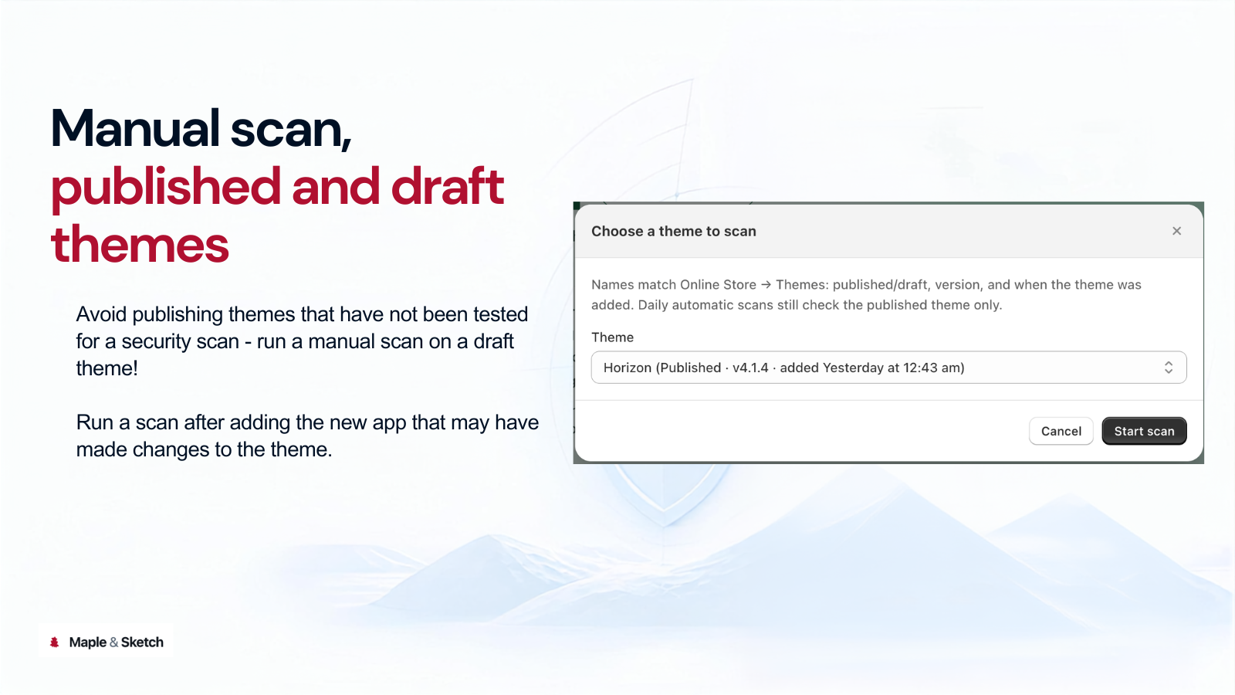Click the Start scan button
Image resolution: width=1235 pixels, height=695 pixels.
click(1144, 431)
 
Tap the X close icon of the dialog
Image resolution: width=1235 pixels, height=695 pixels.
click(1176, 231)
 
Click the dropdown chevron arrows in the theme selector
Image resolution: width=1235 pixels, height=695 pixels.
click(1169, 368)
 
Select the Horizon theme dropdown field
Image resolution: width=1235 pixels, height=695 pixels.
click(888, 368)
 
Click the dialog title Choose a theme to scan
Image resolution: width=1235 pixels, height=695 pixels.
click(674, 231)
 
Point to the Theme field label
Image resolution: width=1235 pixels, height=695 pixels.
click(613, 337)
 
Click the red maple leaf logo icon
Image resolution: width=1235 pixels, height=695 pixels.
click(54, 642)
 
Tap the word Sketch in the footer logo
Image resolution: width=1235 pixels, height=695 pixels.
click(142, 642)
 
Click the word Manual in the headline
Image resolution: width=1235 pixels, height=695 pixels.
click(135, 128)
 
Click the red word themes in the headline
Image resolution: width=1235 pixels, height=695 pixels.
click(140, 244)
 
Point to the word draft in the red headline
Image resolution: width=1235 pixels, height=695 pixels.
click(447, 186)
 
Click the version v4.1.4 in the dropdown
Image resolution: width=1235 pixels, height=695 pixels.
click(750, 368)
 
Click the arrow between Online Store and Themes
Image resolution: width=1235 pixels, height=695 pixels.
click(766, 285)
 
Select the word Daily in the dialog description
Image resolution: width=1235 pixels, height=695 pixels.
click(653, 305)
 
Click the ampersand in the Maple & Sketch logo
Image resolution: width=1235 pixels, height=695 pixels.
click(113, 642)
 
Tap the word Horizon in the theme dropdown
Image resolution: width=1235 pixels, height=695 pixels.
click(628, 368)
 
